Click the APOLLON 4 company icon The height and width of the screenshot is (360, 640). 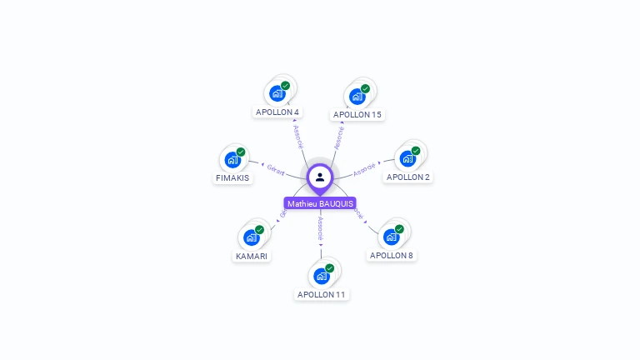coord(277,93)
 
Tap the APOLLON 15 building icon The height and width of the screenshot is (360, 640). coord(357,96)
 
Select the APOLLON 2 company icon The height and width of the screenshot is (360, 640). coord(407,158)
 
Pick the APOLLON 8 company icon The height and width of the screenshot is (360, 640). coord(392,237)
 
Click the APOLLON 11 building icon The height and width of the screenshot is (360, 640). coord(321,276)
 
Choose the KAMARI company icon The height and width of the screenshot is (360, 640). coord(251,237)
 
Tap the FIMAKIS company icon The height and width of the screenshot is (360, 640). coord(232,159)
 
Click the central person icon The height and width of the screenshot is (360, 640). coord(320,177)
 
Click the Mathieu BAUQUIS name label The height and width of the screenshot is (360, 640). coord(320,203)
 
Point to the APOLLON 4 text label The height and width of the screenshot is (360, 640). coord(277,112)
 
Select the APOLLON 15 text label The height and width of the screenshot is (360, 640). coord(357,114)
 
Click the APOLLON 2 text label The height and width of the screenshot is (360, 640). coord(408,177)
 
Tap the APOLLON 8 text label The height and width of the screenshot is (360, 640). coord(392,255)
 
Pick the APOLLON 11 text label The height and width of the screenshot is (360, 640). coord(321,294)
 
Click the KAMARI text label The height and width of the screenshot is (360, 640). coord(251,256)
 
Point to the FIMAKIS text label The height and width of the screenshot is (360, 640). coord(232,178)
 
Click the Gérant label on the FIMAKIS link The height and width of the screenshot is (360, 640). coord(276,169)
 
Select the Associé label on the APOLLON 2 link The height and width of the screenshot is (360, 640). coord(364,169)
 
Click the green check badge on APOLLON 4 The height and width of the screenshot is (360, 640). coord(285,86)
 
